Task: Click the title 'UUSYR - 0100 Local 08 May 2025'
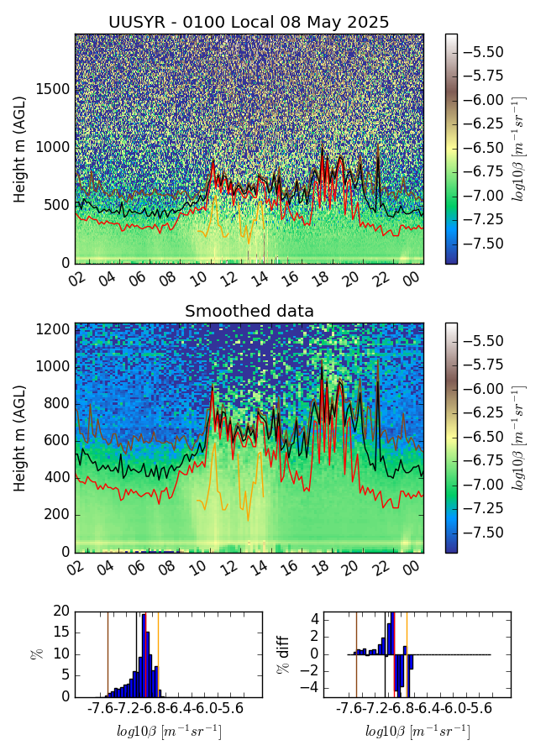point(249,22)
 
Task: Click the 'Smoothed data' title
point(249,311)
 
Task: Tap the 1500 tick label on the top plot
point(50,90)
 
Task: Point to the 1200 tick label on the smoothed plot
point(50,329)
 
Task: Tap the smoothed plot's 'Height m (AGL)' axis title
point(20,437)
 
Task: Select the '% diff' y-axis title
point(285,653)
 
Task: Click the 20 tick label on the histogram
point(60,611)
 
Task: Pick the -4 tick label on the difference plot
point(311,688)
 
